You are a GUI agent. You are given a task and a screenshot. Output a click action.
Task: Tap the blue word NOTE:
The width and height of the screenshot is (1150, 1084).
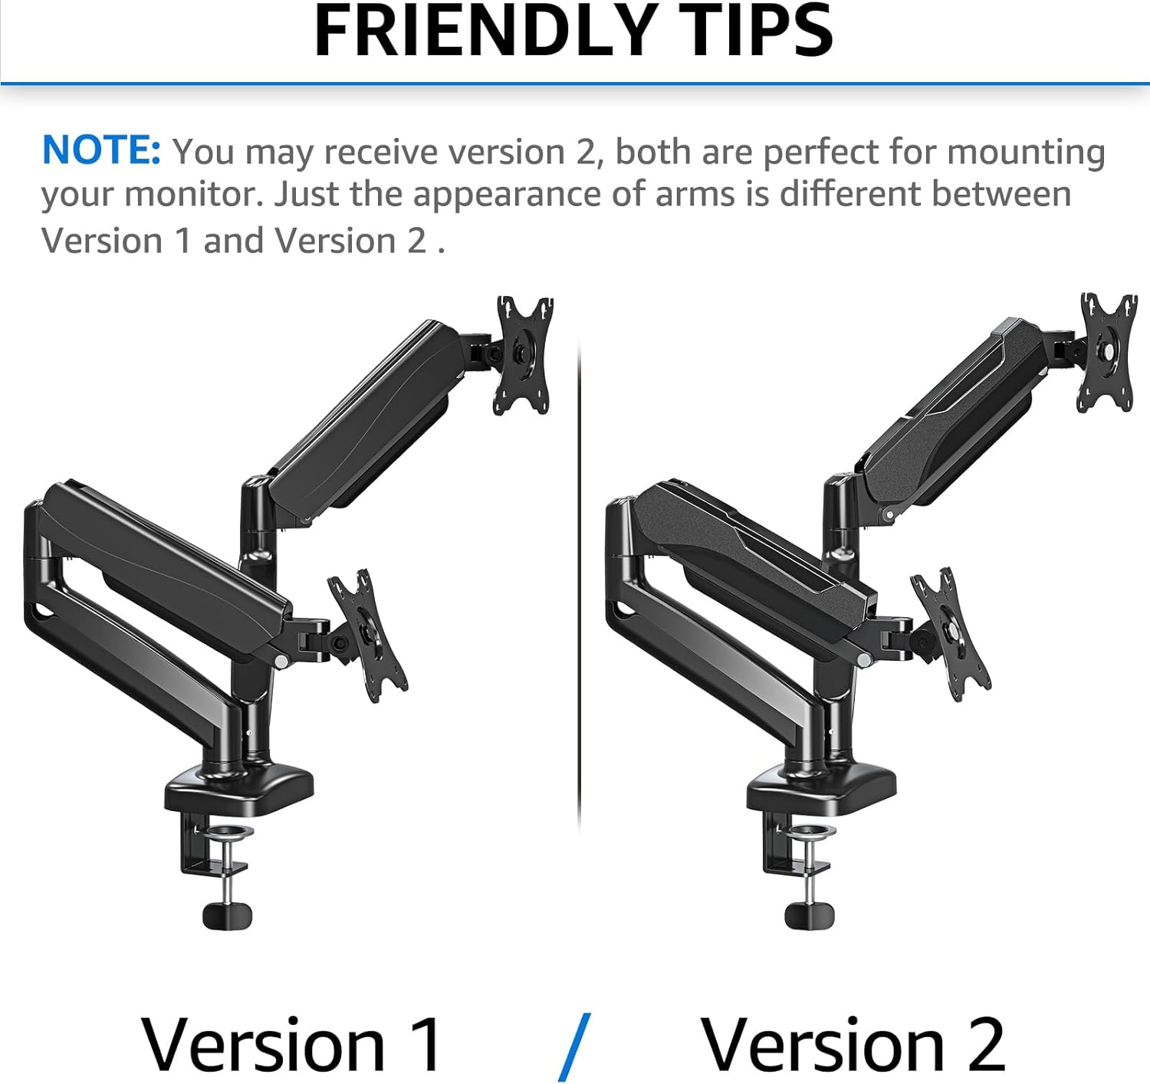tap(101, 150)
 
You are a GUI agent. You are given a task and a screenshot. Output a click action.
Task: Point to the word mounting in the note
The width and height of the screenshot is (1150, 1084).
tap(1026, 153)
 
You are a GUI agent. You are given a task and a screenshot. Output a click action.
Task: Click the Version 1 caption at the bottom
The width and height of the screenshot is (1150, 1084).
tap(291, 1046)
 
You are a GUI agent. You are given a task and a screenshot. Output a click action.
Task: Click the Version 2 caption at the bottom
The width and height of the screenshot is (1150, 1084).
tap(853, 1046)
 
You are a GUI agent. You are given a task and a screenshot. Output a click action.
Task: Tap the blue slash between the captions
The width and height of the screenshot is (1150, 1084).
tap(574, 1047)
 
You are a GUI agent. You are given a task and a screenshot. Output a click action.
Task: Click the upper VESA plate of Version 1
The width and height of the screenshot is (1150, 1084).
tap(523, 356)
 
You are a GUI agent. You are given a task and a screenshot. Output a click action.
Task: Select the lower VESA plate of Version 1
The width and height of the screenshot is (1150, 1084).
tap(368, 636)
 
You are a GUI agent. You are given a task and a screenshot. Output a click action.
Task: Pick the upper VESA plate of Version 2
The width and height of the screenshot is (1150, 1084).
tap(1106, 353)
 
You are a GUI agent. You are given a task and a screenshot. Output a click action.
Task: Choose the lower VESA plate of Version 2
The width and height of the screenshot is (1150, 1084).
tap(950, 634)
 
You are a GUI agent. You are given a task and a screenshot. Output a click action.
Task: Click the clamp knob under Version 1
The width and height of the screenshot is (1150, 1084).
tap(227, 915)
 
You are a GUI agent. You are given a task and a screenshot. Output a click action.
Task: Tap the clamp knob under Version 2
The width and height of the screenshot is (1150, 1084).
tap(809, 915)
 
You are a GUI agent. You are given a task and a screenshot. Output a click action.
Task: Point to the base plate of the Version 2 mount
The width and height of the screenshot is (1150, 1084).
tap(821, 790)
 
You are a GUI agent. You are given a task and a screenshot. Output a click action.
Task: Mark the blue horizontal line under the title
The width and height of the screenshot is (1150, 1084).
tap(575, 84)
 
